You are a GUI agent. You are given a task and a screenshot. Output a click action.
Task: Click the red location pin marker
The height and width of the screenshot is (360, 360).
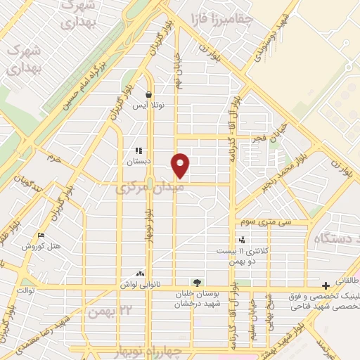(181, 165)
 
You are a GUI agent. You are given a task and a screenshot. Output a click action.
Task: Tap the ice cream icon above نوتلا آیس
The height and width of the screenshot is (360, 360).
(148, 94)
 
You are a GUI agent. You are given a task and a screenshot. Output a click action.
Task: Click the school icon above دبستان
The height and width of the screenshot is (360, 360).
(139, 150)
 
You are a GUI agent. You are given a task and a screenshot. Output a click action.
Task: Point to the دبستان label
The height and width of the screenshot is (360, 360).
(139, 160)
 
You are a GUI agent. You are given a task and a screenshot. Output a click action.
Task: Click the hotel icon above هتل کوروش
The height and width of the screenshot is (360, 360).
(41, 236)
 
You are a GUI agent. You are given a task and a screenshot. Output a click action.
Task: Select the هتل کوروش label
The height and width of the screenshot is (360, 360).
(41, 246)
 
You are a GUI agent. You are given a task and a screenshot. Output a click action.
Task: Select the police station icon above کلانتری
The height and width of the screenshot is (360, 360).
(242, 240)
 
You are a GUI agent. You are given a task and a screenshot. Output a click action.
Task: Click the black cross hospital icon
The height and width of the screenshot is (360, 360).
(326, 285)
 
